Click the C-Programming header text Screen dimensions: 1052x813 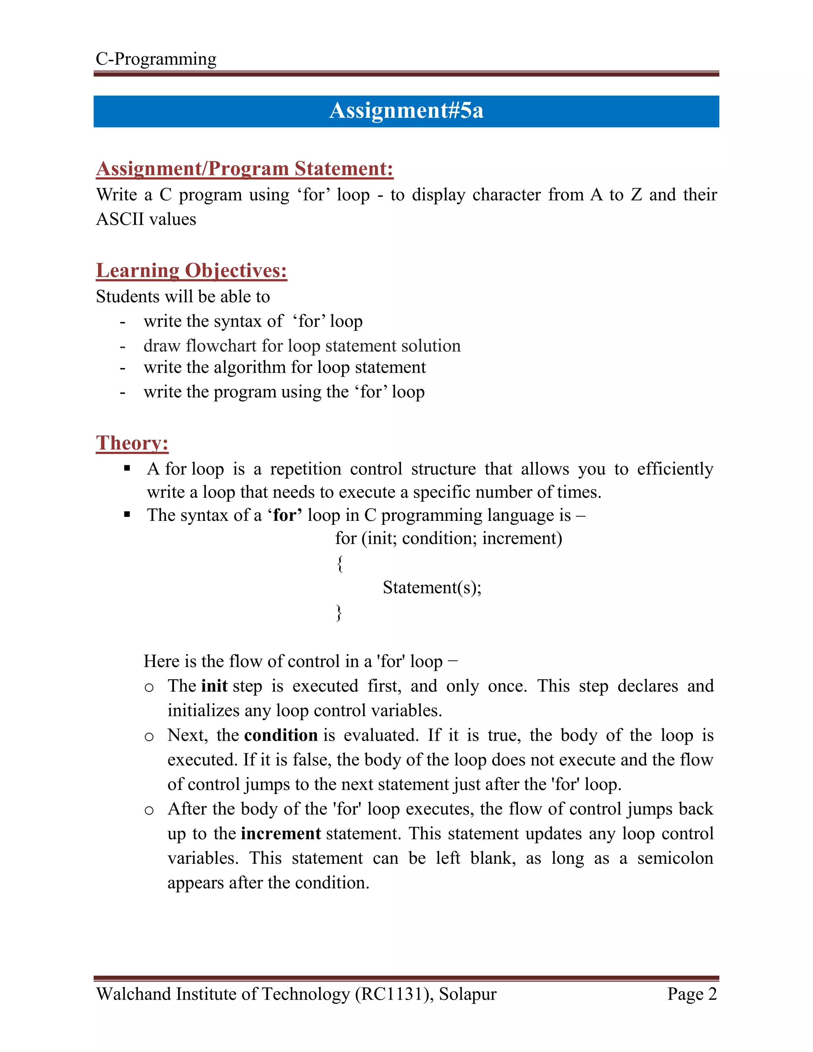[x=156, y=59]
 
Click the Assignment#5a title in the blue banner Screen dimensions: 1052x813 [x=406, y=111]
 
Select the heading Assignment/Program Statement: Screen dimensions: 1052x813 [x=245, y=169]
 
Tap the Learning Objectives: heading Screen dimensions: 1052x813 [x=191, y=271]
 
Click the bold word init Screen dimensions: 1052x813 [x=214, y=686]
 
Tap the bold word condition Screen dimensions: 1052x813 [x=281, y=735]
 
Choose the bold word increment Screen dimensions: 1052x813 [x=281, y=833]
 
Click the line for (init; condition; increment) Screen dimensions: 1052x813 [x=449, y=538]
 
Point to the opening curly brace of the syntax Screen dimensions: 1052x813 [x=339, y=563]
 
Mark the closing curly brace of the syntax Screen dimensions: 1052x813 [x=339, y=613]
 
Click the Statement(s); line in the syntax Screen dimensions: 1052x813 [x=432, y=588]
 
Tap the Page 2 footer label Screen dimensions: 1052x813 [x=692, y=994]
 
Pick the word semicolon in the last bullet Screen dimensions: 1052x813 [x=675, y=858]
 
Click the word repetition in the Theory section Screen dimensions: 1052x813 [x=305, y=469]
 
